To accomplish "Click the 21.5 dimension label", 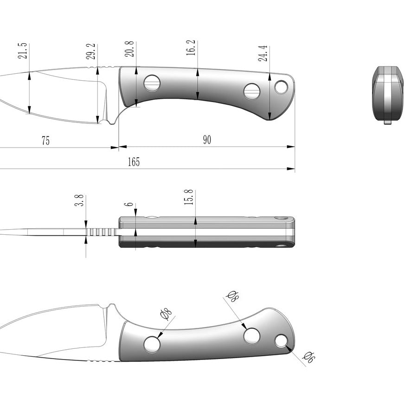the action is (x=23, y=51).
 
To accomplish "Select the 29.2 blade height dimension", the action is (x=91, y=51).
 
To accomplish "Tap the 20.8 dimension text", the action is (x=129, y=49).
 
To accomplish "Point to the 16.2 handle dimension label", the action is (x=191, y=48).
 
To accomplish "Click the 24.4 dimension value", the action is (x=263, y=53).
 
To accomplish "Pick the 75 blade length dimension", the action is (x=45, y=141).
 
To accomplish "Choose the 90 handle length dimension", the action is (x=207, y=140).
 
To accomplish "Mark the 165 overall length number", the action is (x=134, y=162).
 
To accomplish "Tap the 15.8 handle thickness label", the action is (x=189, y=197).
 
